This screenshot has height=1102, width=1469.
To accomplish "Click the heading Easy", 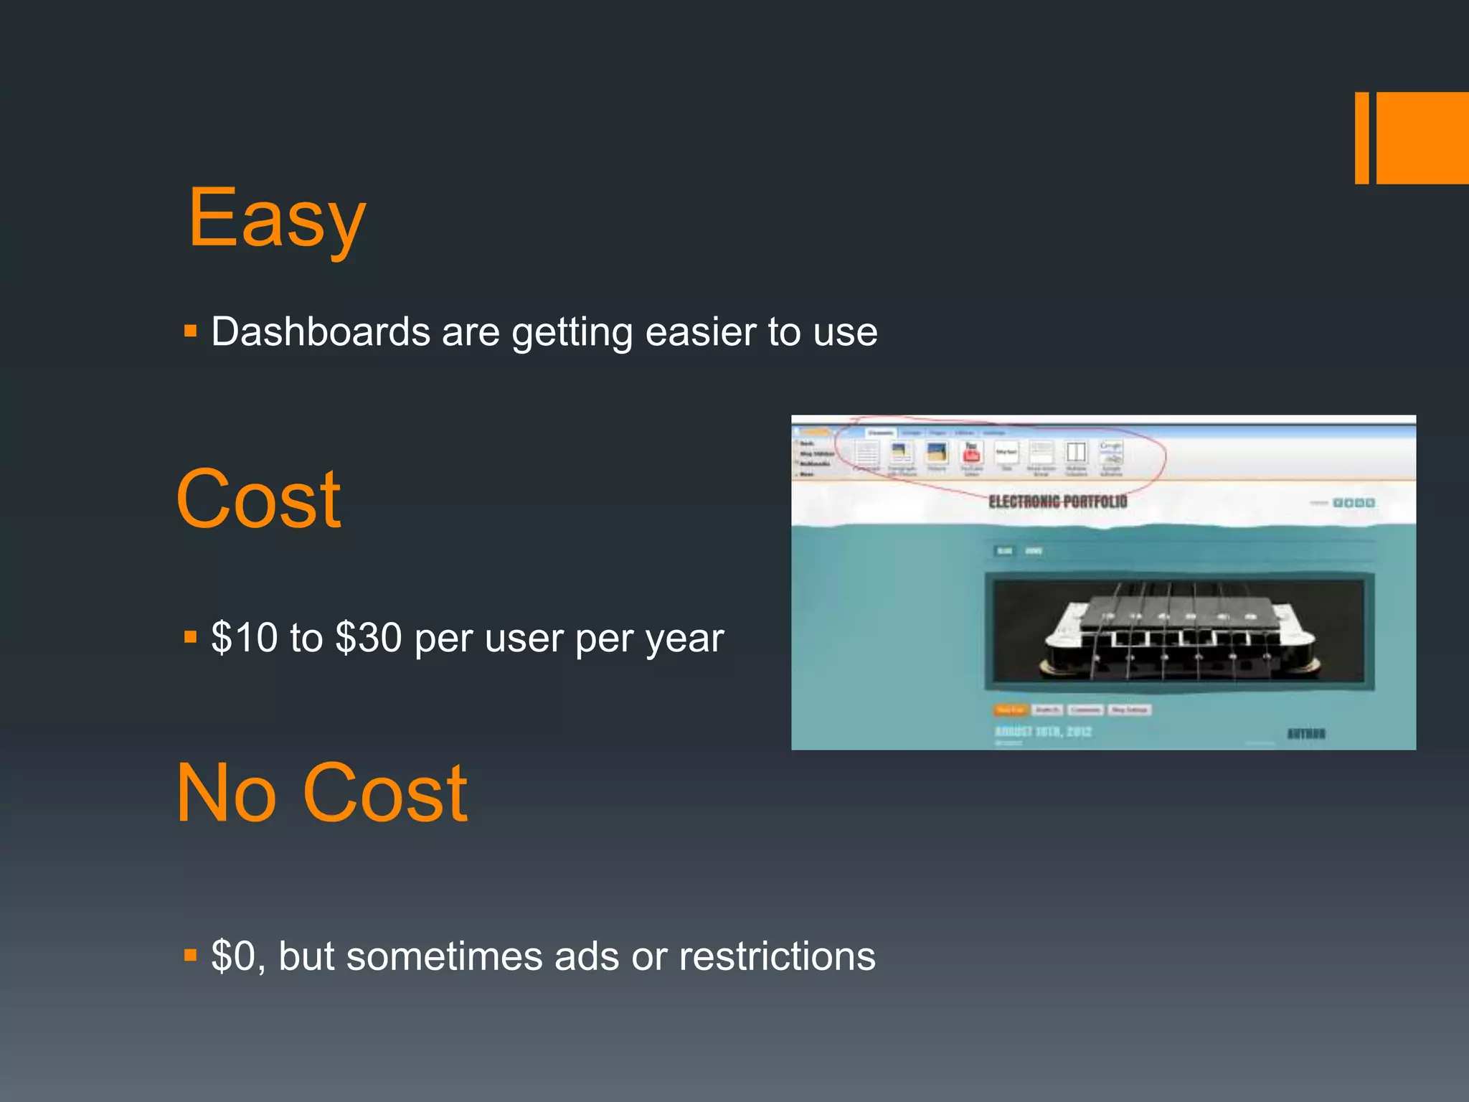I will click(277, 218).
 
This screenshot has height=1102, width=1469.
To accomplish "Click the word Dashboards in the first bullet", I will click(320, 332).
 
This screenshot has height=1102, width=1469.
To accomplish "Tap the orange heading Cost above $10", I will click(258, 499).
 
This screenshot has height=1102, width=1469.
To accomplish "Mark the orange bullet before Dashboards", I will click(190, 331).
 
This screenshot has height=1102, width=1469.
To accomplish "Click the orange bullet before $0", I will click(190, 956).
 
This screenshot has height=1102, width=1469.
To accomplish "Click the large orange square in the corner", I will click(1422, 138).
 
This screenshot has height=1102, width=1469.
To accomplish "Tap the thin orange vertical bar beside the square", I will click(1361, 138).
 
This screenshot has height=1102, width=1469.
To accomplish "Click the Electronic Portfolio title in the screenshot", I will click(1057, 501).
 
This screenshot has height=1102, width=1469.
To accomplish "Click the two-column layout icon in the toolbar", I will click(1076, 453).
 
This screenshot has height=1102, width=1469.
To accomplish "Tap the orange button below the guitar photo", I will click(1010, 710).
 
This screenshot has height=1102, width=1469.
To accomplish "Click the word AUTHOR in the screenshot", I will click(1305, 733).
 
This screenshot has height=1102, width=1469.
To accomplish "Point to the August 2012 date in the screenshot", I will click(1043, 732).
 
